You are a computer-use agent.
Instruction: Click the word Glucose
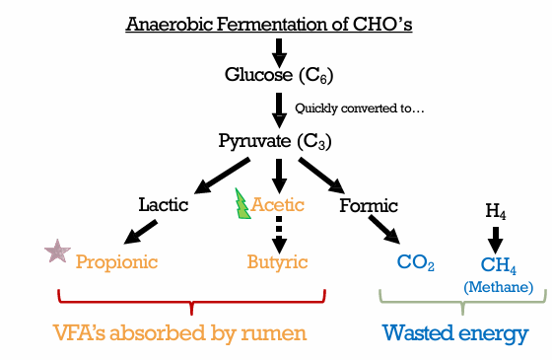pos(258,75)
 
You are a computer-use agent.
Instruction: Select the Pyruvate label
pos(255,142)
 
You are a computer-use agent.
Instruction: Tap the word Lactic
pos(164,205)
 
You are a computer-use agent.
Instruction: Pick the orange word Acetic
pos(278,205)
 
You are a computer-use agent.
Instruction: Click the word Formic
pos(369,205)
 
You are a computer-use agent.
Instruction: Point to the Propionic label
pos(116,262)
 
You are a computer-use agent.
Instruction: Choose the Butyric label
pos(277,262)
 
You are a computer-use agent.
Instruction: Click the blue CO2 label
pos(415,262)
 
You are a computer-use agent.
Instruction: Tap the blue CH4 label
pos(499,265)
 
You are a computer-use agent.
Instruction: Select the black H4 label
pos(496,211)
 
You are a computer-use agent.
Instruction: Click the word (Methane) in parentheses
pos(499,287)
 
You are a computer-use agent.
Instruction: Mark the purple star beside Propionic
pos(57,252)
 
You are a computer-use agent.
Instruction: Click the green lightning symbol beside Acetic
pos(242,204)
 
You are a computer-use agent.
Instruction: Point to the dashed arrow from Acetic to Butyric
pos(279,235)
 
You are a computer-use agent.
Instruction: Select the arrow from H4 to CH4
pos(495,240)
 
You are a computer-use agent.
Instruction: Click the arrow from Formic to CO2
pos(384,229)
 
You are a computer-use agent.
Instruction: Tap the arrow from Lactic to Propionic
pos(140,232)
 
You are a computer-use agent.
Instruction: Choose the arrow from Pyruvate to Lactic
pos(222,176)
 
